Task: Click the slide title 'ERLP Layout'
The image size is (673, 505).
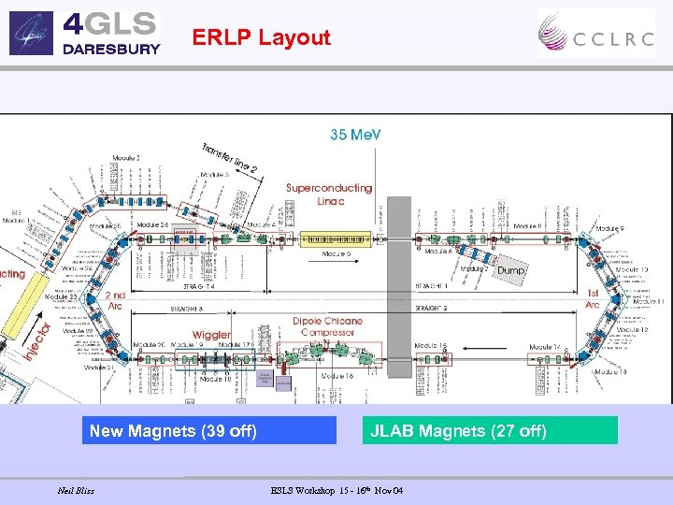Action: click(261, 37)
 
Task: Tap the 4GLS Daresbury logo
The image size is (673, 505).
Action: click(85, 33)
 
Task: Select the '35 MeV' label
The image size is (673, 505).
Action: click(355, 135)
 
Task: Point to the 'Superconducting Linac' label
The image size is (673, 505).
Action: click(329, 195)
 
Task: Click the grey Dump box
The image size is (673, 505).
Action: click(511, 269)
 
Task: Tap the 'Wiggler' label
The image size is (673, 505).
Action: click(212, 335)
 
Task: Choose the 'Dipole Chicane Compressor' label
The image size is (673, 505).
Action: click(327, 326)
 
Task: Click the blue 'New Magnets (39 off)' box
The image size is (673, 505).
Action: click(208, 431)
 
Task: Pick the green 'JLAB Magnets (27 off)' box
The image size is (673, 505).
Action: click(492, 431)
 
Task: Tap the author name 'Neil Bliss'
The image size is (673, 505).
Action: click(76, 490)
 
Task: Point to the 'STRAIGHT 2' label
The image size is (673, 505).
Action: click(431, 307)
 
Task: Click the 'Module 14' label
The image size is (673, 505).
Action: click(545, 347)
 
